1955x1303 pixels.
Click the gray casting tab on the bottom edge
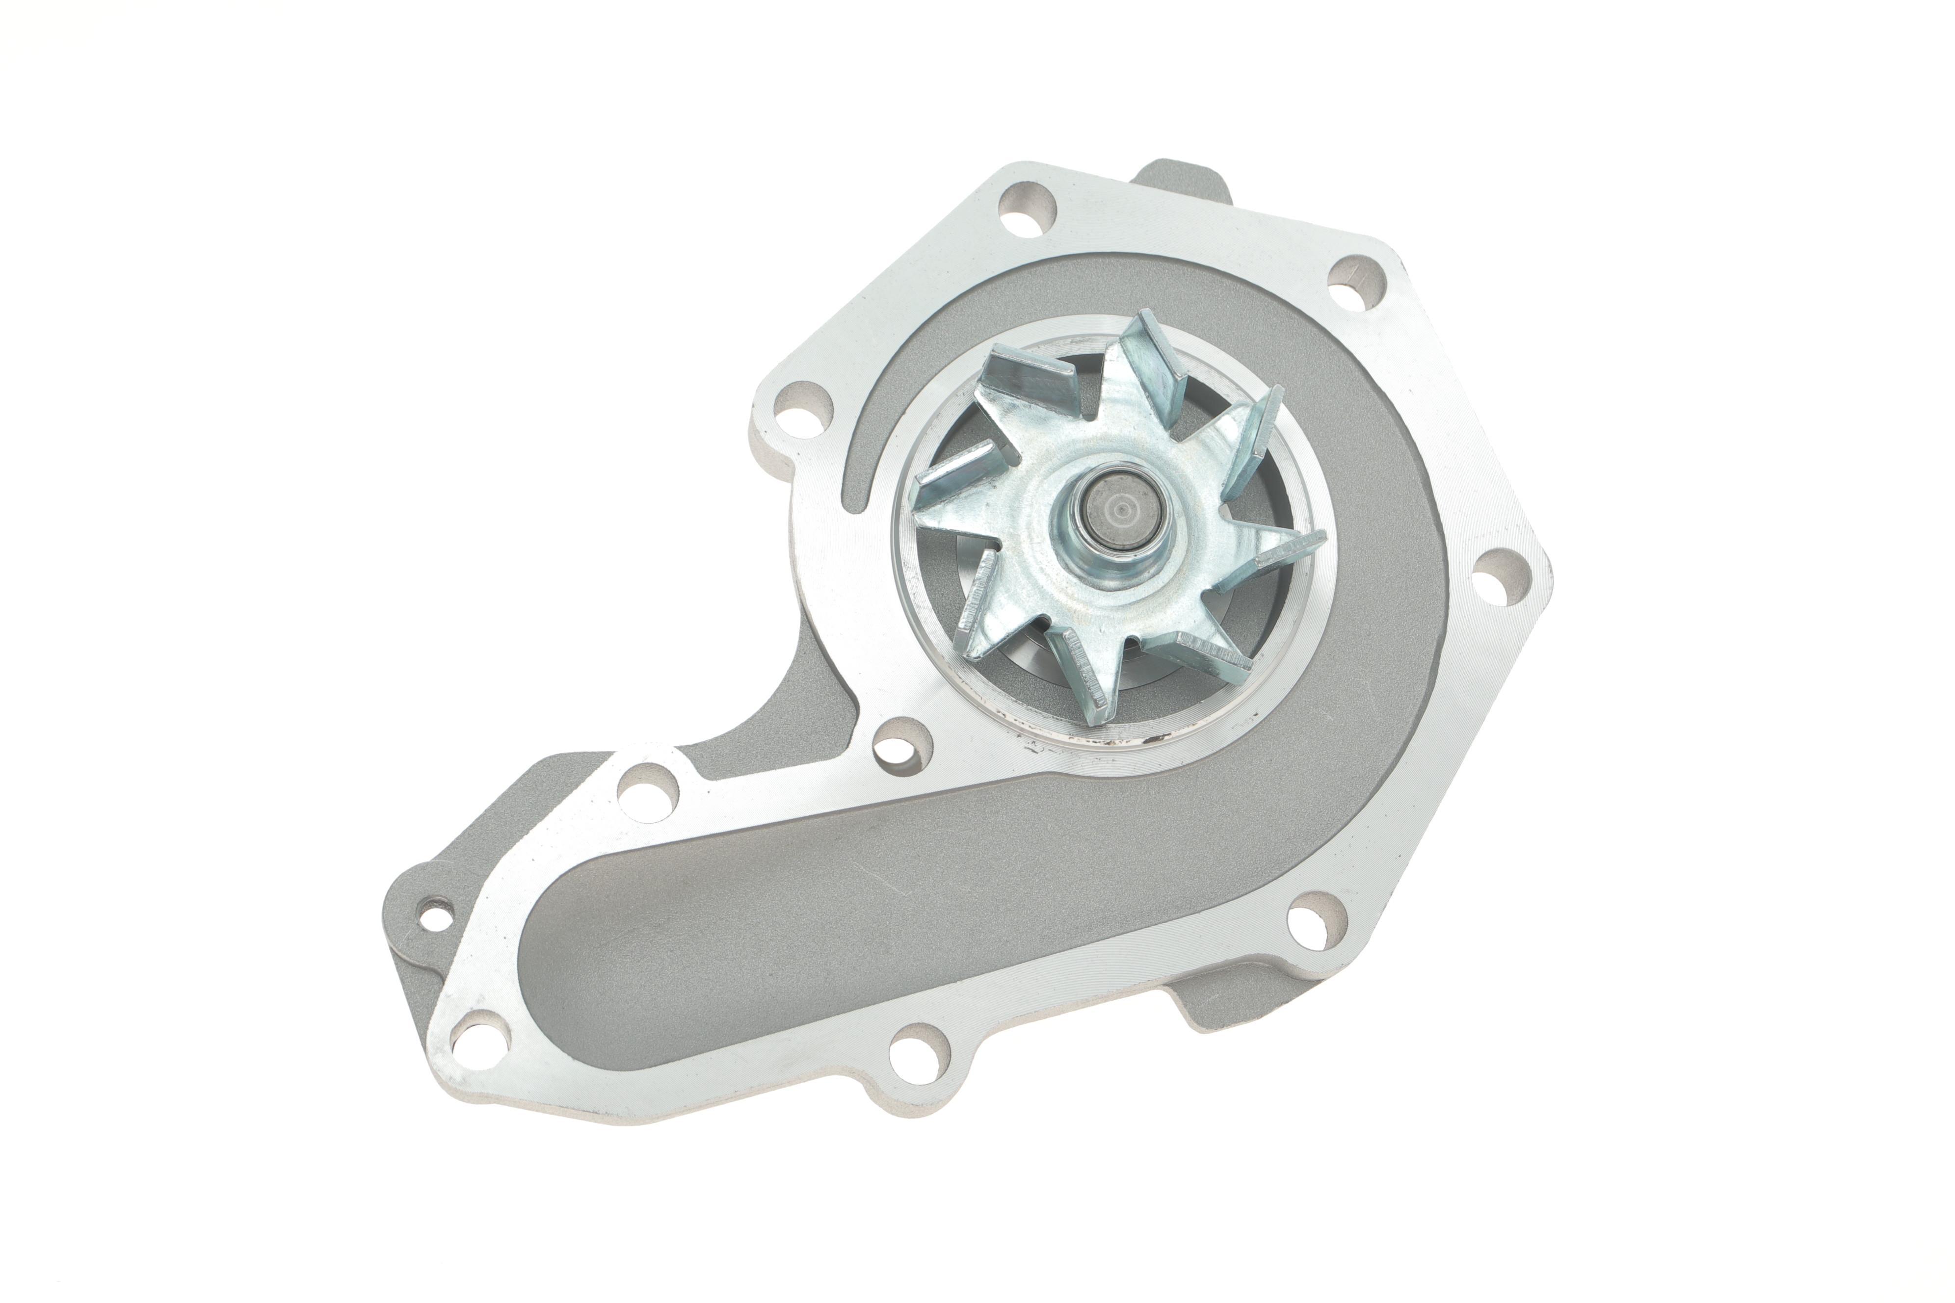pos(1222,1006)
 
